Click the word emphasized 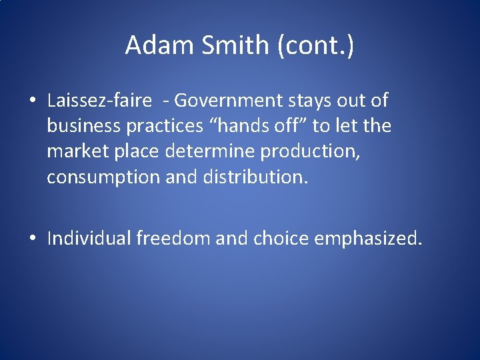tap(368, 238)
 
